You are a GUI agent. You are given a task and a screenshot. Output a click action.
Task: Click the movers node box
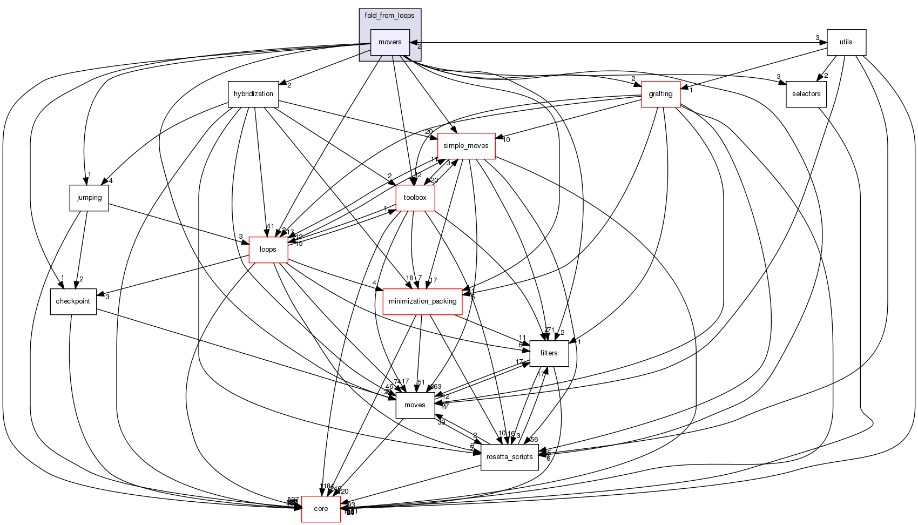tap(390, 42)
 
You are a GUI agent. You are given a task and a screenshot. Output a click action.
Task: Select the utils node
tap(846, 42)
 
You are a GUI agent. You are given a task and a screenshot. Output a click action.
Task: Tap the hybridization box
tap(253, 94)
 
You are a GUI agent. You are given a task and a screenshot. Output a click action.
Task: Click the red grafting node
tap(660, 94)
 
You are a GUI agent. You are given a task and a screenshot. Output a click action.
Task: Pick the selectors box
tap(806, 94)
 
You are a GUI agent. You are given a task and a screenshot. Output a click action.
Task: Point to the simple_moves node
tap(465, 146)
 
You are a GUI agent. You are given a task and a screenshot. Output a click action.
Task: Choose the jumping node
tap(89, 198)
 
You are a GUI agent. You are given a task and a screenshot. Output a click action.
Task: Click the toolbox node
tap(415, 198)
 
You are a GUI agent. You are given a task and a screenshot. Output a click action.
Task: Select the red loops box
tap(268, 250)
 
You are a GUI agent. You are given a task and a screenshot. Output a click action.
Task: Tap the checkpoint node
tap(73, 301)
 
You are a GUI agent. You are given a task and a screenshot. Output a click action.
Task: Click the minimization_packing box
tap(422, 301)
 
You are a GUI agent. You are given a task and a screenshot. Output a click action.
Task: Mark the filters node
tap(549, 353)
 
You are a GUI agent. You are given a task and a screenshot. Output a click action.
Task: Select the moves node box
tap(415, 405)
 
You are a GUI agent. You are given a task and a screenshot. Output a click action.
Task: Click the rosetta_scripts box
tap(509, 457)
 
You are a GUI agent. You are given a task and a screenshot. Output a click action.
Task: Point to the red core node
tap(321, 509)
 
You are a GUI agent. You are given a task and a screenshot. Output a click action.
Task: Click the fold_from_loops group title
tap(389, 16)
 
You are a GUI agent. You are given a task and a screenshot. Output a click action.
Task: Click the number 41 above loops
tap(270, 227)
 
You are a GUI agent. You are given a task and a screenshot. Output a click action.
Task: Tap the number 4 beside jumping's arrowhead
tap(110, 181)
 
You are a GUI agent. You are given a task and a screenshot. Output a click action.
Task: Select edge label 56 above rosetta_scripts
tap(534, 440)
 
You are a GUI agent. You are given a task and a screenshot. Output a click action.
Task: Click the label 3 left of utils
tap(818, 37)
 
